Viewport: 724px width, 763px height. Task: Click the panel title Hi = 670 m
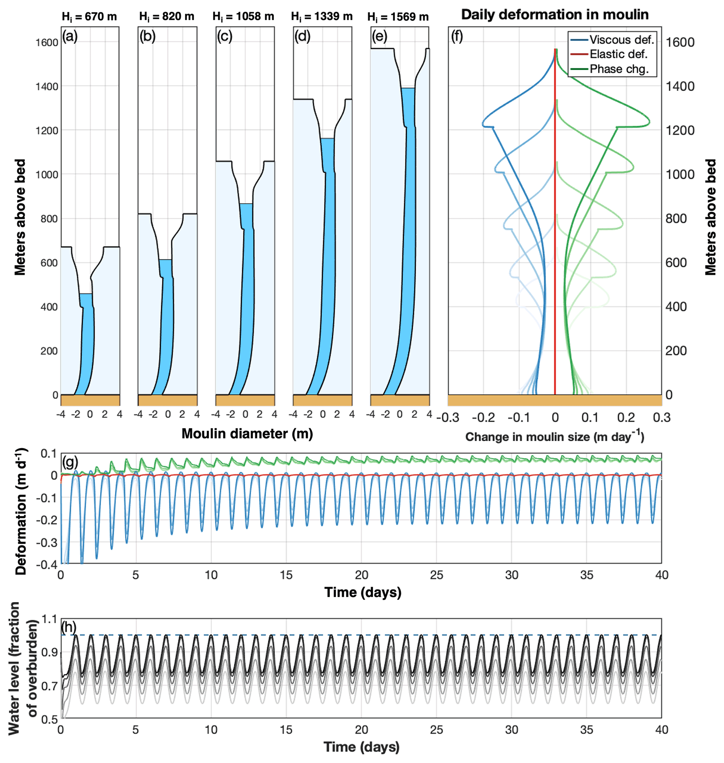(x=89, y=17)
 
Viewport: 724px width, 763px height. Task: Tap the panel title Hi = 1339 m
(x=322, y=17)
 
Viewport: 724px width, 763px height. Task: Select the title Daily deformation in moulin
(x=554, y=15)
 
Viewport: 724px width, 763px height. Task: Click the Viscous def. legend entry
(x=612, y=40)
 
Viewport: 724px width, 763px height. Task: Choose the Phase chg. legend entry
(x=609, y=69)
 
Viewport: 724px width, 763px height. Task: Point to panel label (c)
(x=225, y=36)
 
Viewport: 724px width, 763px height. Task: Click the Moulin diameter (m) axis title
(x=247, y=433)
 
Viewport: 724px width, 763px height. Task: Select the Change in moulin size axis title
(x=554, y=436)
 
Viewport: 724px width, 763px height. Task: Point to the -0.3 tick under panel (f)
(x=448, y=418)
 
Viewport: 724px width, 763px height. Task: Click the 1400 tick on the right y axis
(x=680, y=86)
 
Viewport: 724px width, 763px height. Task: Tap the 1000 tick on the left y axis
(x=47, y=174)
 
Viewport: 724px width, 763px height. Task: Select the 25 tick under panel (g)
(x=436, y=575)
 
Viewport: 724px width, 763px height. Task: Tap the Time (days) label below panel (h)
(x=361, y=747)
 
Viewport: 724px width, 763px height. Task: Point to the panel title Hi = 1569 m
(x=398, y=17)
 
